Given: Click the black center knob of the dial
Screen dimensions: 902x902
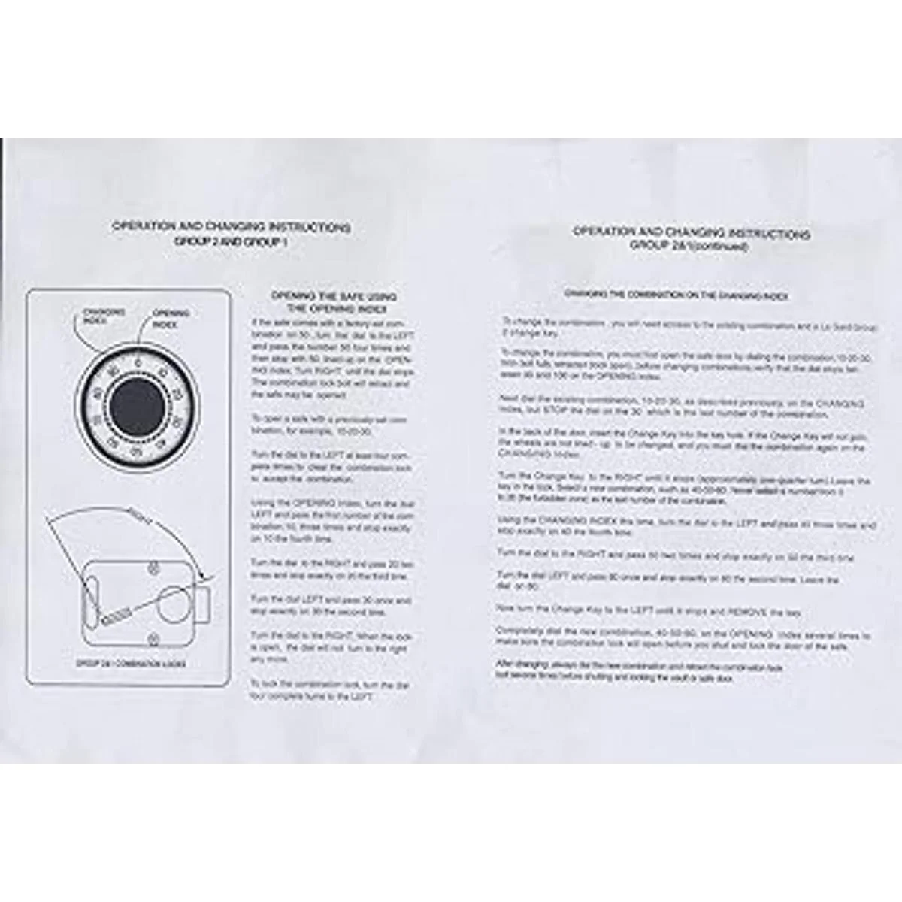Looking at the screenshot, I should (136, 407).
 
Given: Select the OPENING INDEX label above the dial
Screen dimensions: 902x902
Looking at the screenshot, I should (171, 319).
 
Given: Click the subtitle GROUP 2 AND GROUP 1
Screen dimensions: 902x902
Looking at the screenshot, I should (232, 241).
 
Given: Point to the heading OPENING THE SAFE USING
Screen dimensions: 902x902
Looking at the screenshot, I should (334, 297).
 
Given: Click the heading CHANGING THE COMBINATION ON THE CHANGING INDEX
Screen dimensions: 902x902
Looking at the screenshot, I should (676, 295).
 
